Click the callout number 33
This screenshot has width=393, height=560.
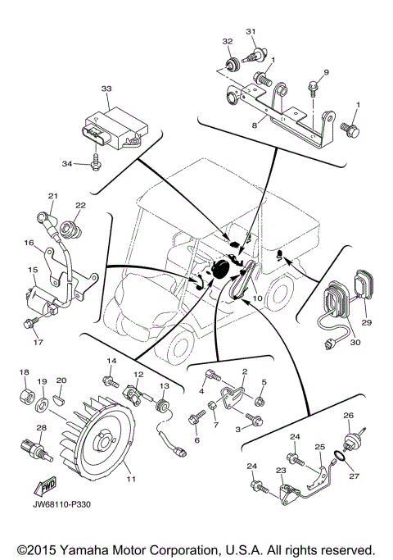click(106, 89)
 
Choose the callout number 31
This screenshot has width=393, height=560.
click(251, 32)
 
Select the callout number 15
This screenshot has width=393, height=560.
click(33, 270)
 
